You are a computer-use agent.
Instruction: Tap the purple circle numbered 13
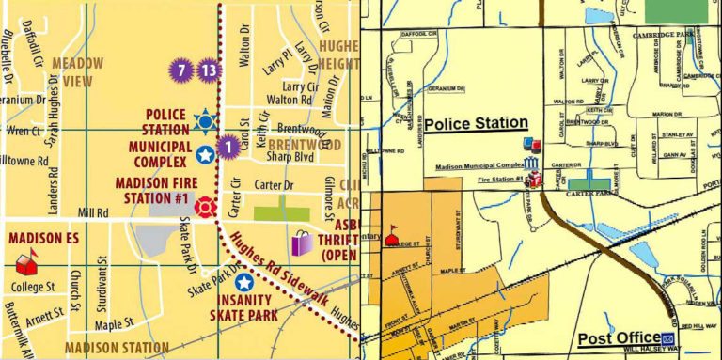click(x=209, y=70)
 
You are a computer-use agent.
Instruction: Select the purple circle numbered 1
click(x=226, y=147)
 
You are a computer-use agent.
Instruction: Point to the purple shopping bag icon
click(x=302, y=243)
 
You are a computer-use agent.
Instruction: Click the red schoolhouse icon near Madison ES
click(x=26, y=257)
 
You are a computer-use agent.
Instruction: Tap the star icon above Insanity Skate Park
click(x=244, y=282)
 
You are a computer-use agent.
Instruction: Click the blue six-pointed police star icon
click(x=204, y=120)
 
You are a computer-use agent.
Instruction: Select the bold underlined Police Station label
click(x=476, y=123)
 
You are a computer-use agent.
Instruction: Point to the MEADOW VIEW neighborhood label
click(x=77, y=71)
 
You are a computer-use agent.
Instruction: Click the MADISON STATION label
click(x=116, y=348)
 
